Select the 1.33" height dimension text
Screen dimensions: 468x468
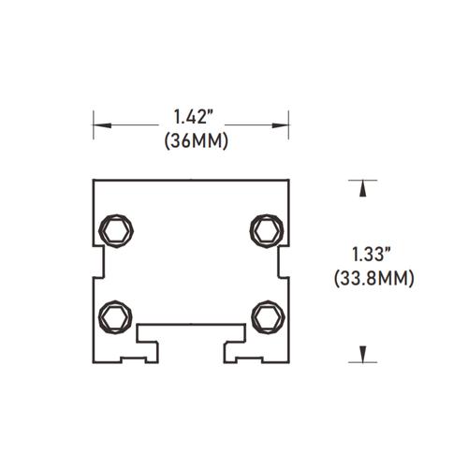373,254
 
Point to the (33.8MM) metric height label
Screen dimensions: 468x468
373,277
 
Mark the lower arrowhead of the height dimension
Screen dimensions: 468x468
358,354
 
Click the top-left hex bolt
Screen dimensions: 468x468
117,229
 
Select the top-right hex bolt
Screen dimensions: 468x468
266,229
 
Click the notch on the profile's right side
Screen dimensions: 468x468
283,263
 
